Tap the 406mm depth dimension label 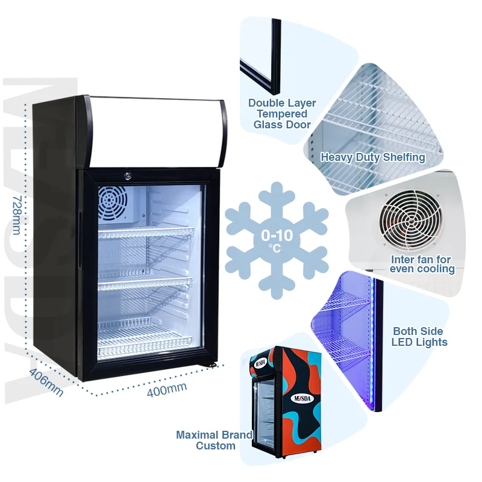click(46, 382)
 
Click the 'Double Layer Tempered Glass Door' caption click(282, 114)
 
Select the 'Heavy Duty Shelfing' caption click(373, 157)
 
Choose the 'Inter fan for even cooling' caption click(421, 264)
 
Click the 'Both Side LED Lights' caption click(419, 337)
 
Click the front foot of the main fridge click(210, 365)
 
